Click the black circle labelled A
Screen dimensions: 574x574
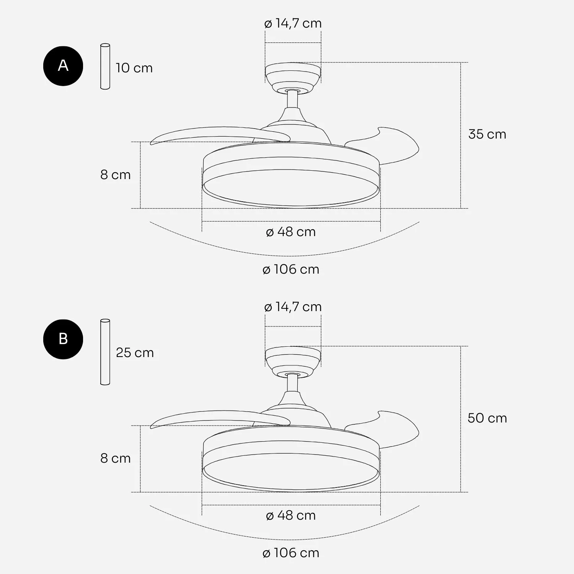tap(63, 66)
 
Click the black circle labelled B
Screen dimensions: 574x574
tap(63, 339)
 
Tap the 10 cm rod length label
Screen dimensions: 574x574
tap(134, 68)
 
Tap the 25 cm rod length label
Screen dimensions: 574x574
tap(135, 352)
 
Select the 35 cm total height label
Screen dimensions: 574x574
tap(487, 134)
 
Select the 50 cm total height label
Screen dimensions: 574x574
tap(487, 418)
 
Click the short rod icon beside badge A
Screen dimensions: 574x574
tap(105, 67)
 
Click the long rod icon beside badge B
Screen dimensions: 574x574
tap(105, 352)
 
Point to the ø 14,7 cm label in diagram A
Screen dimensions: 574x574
tap(293, 23)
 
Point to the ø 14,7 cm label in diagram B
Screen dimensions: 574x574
tap(293, 307)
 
